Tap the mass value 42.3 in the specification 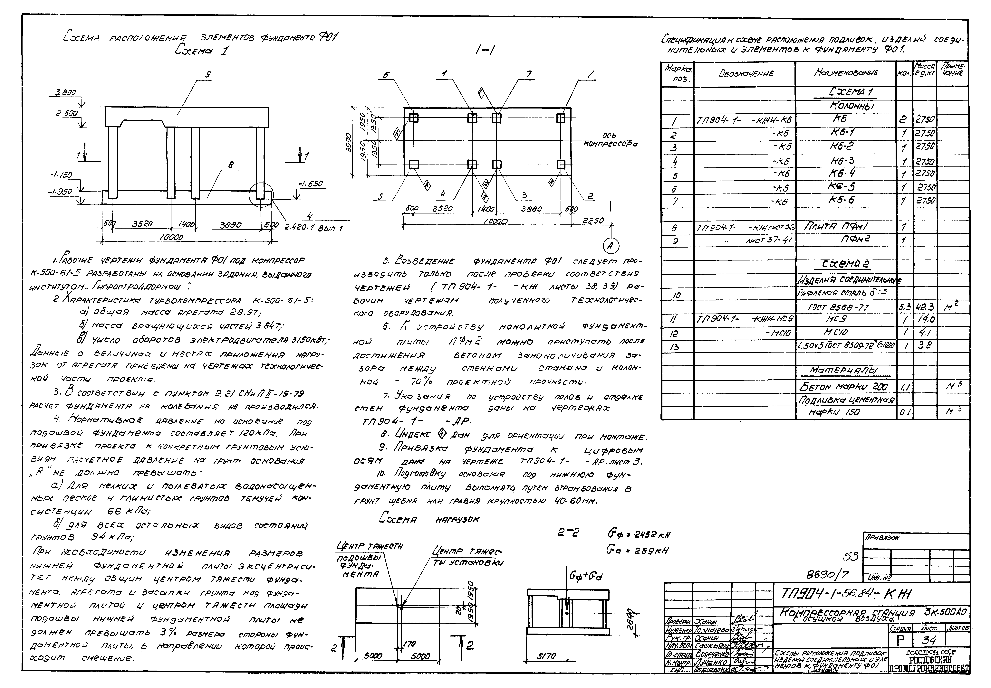(925, 307)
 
